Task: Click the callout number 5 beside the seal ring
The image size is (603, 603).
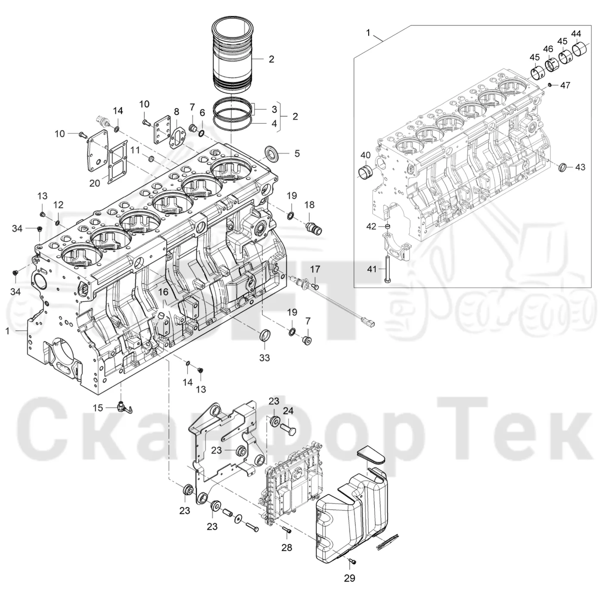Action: click(297, 153)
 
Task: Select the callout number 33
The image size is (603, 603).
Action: click(264, 357)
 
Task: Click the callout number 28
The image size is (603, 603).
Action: click(286, 547)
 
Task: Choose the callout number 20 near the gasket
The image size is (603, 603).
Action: click(94, 183)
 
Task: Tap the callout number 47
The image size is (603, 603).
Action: click(565, 85)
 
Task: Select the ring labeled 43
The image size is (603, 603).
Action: click(563, 168)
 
